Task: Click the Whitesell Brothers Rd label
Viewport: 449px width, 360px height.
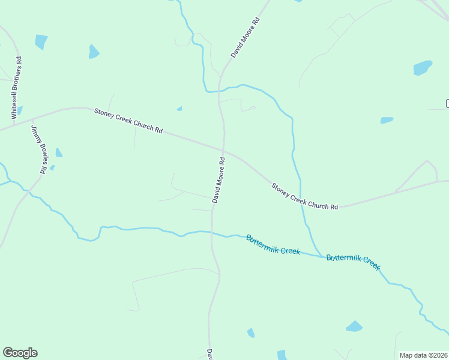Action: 19,87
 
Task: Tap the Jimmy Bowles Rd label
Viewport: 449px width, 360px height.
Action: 38,149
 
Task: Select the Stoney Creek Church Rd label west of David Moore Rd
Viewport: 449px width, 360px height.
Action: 128,121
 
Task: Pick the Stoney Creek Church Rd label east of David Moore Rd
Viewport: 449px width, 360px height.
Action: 304,197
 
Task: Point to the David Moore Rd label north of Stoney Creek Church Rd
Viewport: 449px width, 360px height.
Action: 245,38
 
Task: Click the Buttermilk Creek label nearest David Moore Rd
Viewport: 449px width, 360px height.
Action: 273,245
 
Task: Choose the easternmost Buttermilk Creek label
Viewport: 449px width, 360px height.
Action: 353,262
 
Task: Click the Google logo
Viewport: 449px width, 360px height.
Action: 20,353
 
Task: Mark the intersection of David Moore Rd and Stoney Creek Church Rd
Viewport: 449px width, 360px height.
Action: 224,151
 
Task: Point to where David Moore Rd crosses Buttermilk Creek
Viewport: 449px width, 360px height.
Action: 211,232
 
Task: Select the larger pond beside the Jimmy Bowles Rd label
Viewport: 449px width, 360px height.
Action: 58,152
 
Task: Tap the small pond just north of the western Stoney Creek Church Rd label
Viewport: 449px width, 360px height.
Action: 179,109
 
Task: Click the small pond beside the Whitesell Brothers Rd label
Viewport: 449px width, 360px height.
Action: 20,110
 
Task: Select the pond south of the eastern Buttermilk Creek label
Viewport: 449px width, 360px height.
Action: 354,326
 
